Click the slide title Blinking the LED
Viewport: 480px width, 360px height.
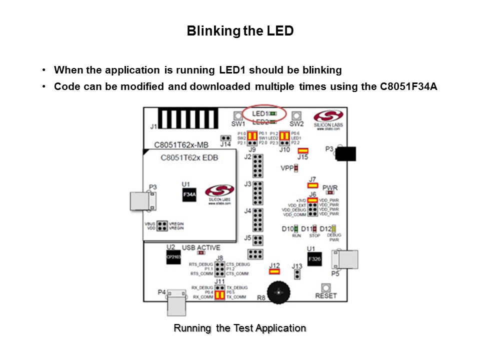click(240, 31)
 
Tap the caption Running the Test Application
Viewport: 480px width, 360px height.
click(239, 328)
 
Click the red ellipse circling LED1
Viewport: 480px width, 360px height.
click(264, 113)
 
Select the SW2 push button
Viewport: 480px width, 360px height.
click(296, 115)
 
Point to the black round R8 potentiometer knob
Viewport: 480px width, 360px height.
click(278, 292)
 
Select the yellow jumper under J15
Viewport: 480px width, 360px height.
click(303, 150)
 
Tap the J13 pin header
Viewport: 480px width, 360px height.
click(297, 274)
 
